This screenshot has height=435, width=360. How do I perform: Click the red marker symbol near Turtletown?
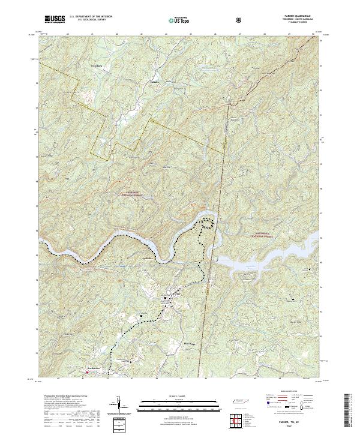pyautogui.click(x=88, y=372)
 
